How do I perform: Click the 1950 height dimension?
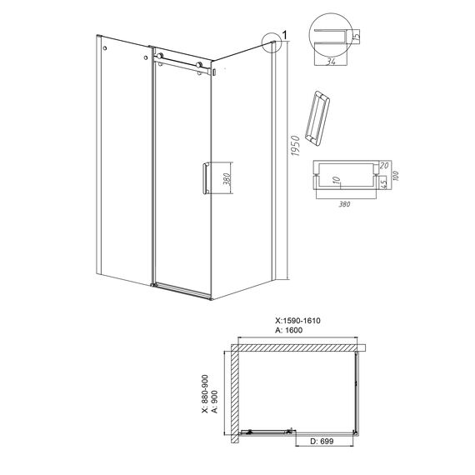[295, 146]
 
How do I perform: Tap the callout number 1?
[284, 36]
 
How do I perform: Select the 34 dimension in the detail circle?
[331, 62]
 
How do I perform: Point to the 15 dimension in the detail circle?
[357, 36]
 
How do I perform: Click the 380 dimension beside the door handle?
[228, 179]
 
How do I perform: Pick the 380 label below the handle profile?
[344, 204]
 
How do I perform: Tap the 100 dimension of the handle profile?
[395, 175]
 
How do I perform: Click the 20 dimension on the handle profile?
[383, 165]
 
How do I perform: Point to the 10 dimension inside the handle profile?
[336, 181]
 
